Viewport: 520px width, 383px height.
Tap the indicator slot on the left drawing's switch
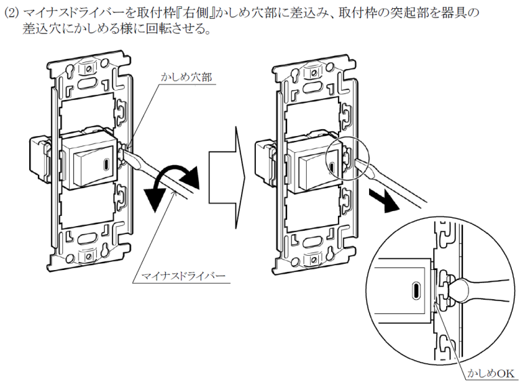click(107, 162)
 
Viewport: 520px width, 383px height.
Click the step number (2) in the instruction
click(12, 12)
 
